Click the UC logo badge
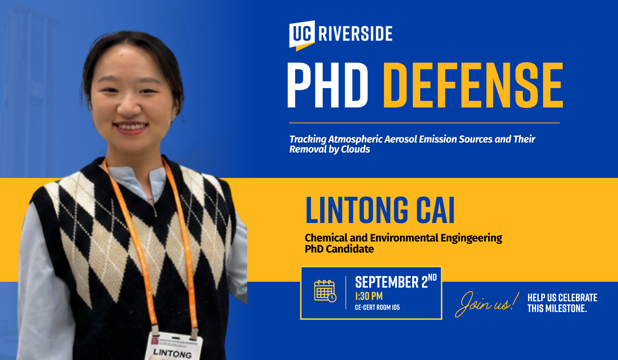tap(302, 35)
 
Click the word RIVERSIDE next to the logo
tap(355, 33)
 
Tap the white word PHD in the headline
tap(328, 85)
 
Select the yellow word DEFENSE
tap(473, 85)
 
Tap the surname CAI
tap(435, 210)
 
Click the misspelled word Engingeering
tap(471, 238)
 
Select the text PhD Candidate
tap(339, 249)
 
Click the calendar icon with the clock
tap(325, 291)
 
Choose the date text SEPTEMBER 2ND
tap(396, 281)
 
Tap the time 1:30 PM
tap(369, 296)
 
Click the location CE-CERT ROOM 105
tap(377, 307)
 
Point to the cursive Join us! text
tap(487, 304)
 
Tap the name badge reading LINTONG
tap(173, 347)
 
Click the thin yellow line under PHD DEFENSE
tap(424, 123)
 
